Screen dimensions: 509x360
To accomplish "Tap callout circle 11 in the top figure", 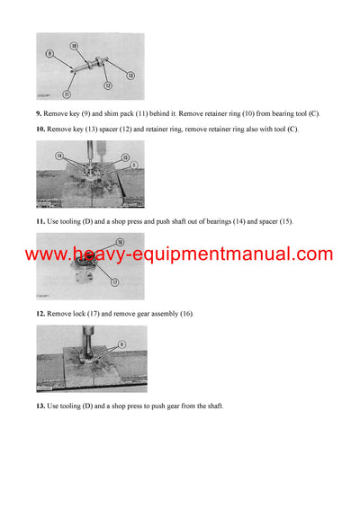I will pyautogui.click(x=67, y=94).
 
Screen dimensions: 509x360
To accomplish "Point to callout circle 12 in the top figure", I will pyautogui.click(x=107, y=86).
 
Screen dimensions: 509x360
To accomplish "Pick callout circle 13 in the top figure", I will pyautogui.click(x=130, y=76).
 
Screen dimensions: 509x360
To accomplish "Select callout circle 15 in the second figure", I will pyautogui.click(x=125, y=157).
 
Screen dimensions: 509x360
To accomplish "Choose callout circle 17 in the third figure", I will pyautogui.click(x=113, y=280).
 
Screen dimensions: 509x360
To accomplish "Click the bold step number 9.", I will pyautogui.click(x=40, y=112).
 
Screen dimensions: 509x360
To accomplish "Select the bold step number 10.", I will pyautogui.click(x=40, y=129).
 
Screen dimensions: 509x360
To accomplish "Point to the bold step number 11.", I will pyautogui.click(x=40, y=220).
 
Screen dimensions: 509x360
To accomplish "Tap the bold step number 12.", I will pyautogui.click(x=40, y=312).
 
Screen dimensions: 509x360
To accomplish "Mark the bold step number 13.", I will pyautogui.click(x=40, y=406).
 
